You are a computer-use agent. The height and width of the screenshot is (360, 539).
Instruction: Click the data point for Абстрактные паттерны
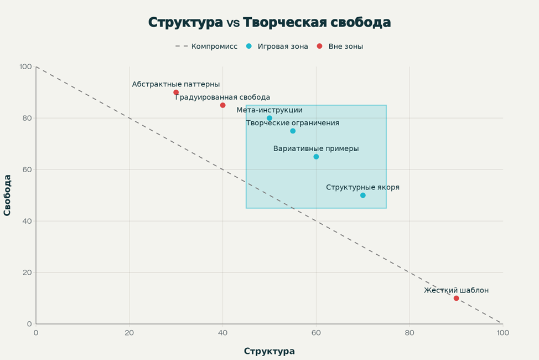point(176,92)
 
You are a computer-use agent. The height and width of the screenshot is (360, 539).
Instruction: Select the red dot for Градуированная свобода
point(222,105)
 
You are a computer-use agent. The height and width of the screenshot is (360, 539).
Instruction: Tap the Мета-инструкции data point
point(269,118)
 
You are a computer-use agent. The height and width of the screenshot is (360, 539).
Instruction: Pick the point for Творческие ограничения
point(293,131)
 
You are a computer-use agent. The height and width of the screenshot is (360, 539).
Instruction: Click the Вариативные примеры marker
point(316,157)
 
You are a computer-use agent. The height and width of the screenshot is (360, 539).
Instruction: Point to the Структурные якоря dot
point(363,195)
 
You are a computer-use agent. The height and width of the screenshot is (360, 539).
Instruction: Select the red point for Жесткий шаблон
point(456,298)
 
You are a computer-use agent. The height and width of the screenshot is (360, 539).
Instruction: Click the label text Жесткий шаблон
point(456,290)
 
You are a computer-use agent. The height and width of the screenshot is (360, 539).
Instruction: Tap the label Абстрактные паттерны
point(176,84)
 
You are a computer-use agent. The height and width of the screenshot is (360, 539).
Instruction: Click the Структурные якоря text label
point(362,187)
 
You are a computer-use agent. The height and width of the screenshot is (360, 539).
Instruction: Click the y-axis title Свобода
point(8,195)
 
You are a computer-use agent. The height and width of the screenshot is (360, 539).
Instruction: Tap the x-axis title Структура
point(269,351)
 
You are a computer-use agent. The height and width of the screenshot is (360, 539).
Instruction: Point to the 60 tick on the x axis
point(316,333)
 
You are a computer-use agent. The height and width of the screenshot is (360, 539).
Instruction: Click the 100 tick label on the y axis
point(25,67)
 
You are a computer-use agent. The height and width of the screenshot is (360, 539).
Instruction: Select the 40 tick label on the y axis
point(27,221)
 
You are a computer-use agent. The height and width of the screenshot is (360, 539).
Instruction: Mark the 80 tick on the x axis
point(410,333)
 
